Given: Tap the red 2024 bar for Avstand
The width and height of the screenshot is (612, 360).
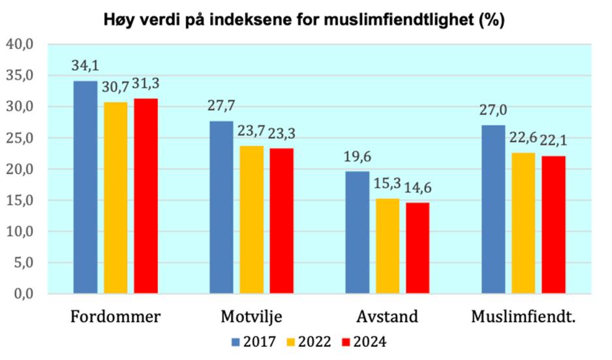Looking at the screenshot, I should [418, 248].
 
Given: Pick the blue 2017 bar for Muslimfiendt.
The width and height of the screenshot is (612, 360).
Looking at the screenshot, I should [493, 209].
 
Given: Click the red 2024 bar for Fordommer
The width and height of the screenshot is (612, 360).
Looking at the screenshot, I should [146, 196].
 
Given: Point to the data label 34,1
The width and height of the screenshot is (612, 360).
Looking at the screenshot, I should [85, 67].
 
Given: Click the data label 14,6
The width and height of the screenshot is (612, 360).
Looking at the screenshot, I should [418, 188].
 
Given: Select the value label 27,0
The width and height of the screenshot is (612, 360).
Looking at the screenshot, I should [493, 111].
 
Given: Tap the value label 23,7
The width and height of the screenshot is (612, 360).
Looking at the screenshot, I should [252, 132].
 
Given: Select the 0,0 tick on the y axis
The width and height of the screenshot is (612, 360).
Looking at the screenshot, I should [22, 294].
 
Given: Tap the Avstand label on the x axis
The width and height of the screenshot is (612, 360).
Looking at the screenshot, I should [387, 318].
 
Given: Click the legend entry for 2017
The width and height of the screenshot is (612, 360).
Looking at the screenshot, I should [254, 342].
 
